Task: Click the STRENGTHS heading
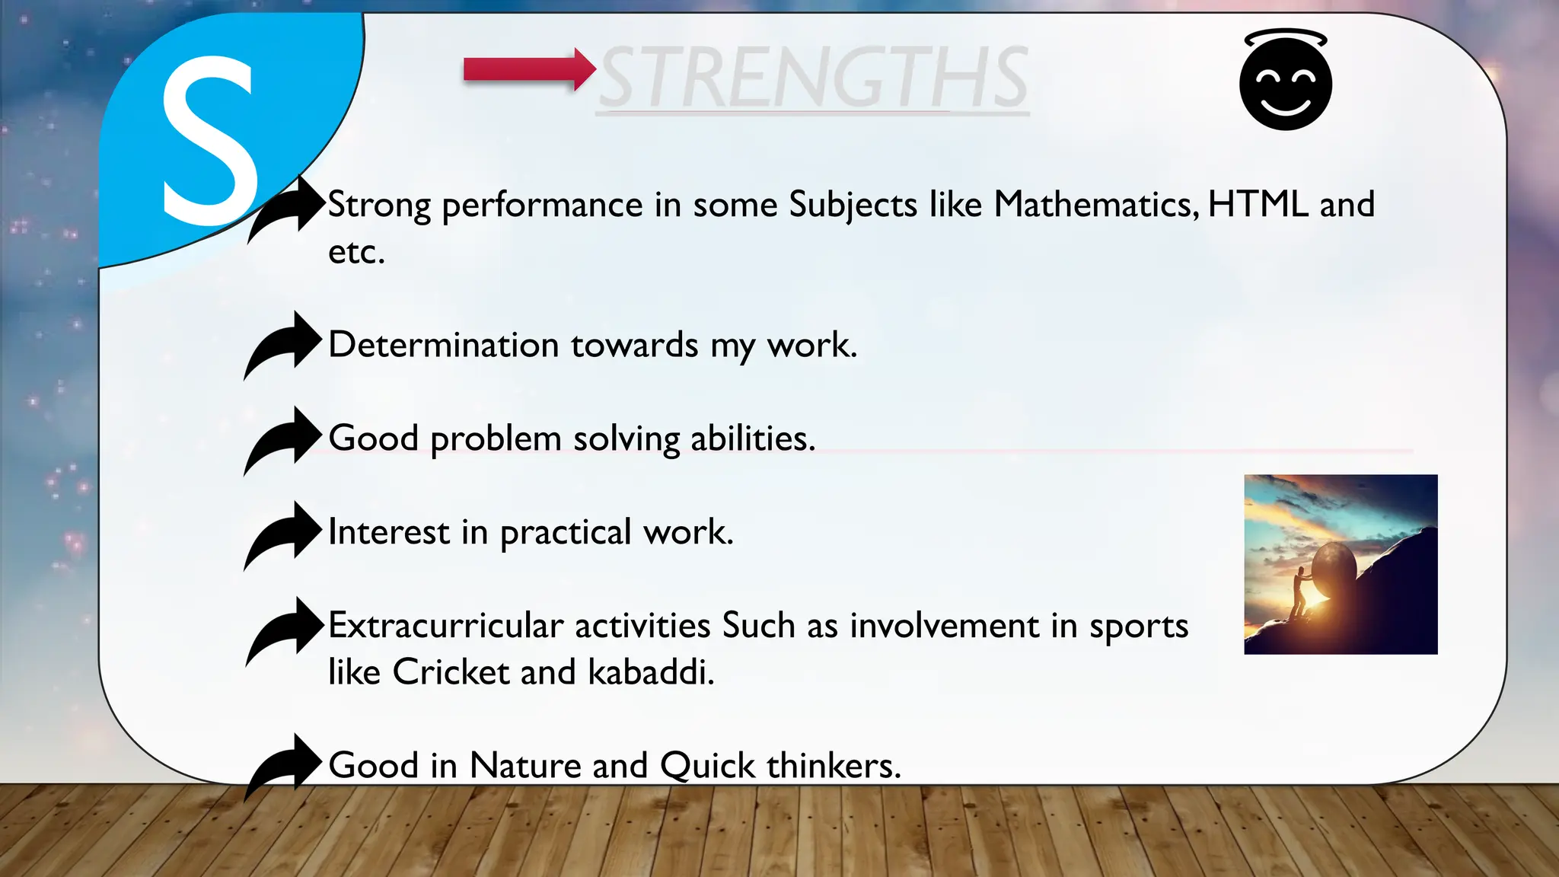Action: point(813,78)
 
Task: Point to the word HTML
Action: point(1258,205)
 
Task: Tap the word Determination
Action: point(444,345)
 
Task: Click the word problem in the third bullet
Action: point(496,440)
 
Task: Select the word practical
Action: point(566,533)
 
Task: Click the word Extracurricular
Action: point(445,626)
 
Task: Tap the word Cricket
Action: point(451,672)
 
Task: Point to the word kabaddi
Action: point(651,672)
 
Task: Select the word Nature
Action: point(524,766)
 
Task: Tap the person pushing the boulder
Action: point(1299,591)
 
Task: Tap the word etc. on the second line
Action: point(355,253)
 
